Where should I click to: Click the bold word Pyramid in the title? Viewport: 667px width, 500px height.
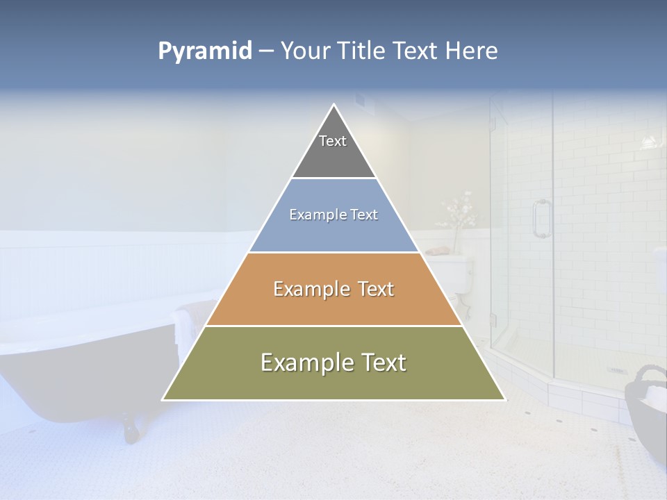pyautogui.click(x=205, y=51)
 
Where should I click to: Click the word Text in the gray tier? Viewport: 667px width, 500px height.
pyautogui.click(x=333, y=141)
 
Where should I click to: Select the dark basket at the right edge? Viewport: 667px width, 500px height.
pyautogui.click(x=647, y=410)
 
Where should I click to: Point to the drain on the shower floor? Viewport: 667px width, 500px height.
pyautogui.click(x=616, y=370)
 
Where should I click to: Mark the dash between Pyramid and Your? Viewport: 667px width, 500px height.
pyautogui.click(x=266, y=51)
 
